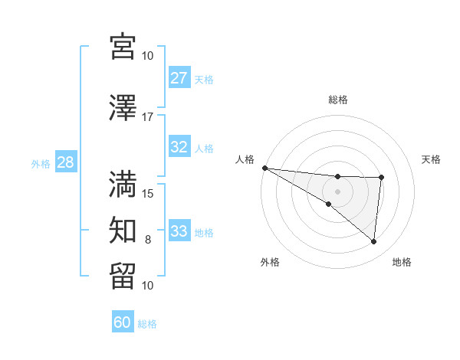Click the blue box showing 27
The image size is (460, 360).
(179, 77)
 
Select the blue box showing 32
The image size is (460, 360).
(179, 147)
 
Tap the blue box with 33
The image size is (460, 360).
(179, 231)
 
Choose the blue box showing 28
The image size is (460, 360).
(65, 162)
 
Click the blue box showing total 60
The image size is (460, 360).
(123, 322)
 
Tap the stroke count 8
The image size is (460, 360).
(148, 240)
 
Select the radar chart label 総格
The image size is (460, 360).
(338, 100)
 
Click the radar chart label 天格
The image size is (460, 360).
(432, 159)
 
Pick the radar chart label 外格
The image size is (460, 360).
(270, 262)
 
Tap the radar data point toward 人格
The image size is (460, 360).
(264, 168)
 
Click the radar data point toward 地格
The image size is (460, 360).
(373, 242)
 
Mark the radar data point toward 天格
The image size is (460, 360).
(381, 178)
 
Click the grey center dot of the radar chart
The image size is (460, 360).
(337, 191)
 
